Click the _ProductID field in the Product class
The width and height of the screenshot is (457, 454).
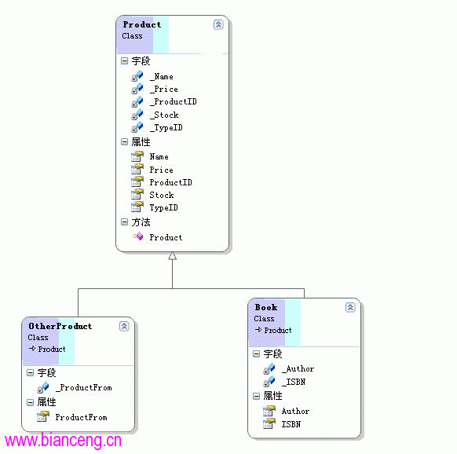(173, 102)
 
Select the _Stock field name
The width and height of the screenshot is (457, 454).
(164, 115)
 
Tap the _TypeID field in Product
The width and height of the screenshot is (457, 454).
(166, 128)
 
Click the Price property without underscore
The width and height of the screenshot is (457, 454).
(161, 170)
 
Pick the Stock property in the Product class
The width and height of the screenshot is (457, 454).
(162, 195)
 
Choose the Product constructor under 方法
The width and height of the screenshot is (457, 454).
(166, 237)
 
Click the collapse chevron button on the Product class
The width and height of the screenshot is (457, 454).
(218, 24)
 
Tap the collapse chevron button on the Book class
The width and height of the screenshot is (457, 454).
(350, 307)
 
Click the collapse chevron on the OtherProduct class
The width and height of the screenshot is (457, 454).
(124, 326)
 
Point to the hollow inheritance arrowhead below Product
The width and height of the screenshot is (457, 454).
(172, 256)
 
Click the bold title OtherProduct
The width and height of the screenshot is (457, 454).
(60, 326)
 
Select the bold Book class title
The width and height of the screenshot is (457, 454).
(266, 307)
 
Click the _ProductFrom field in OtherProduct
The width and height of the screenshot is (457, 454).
(84, 387)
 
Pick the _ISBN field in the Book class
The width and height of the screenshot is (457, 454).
(294, 382)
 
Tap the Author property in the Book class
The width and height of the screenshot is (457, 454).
(295, 411)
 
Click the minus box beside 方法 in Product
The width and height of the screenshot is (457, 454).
(124, 222)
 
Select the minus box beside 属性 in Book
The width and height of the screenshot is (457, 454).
(257, 396)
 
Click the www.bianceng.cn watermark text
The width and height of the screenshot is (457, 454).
(63, 441)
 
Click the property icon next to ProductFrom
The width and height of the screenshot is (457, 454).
(43, 416)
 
